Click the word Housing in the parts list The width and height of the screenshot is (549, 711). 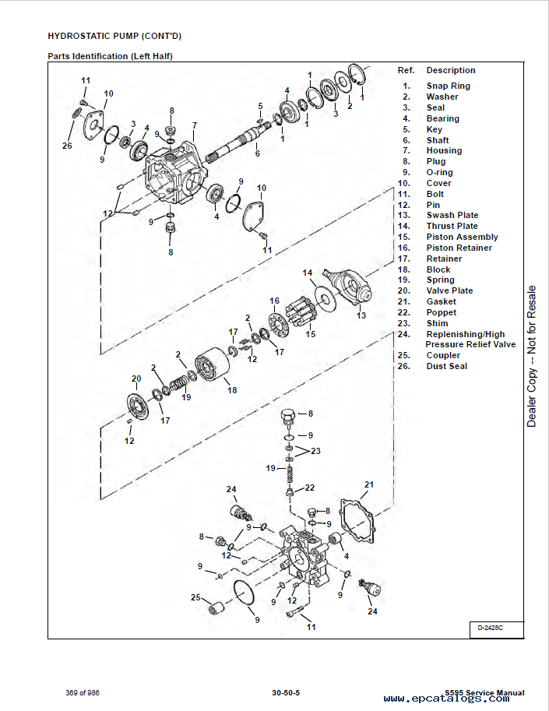[x=444, y=150]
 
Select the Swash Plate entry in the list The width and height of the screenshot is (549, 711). [x=452, y=215]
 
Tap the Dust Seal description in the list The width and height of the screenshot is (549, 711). [x=446, y=366]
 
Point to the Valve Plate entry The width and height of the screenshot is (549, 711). [x=449, y=290]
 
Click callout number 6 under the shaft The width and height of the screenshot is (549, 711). [x=257, y=153]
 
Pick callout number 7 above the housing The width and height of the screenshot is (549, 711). [x=194, y=125]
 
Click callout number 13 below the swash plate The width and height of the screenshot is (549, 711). [x=361, y=315]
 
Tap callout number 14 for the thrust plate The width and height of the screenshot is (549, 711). [x=307, y=273]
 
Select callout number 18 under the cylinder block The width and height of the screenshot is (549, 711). [x=232, y=389]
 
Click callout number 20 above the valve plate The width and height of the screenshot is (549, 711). [x=136, y=378]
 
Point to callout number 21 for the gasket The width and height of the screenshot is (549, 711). [x=369, y=484]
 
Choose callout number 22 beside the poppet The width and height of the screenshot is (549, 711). [x=309, y=487]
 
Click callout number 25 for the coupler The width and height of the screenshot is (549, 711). [x=196, y=597]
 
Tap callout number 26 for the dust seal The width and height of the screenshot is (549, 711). [x=67, y=145]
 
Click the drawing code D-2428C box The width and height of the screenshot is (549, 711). [x=496, y=628]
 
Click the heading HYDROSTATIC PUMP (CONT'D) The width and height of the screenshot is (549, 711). [x=114, y=36]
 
